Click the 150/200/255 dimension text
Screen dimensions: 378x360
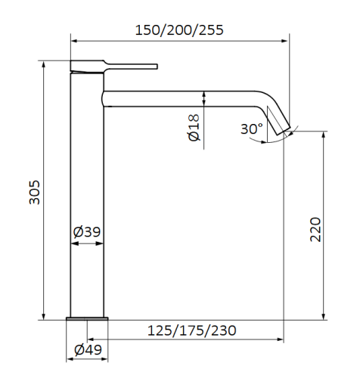[x=179, y=30]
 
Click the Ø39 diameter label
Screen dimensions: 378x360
[x=88, y=232]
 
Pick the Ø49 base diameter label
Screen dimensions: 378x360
[x=88, y=350]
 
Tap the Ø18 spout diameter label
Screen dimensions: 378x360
[x=193, y=127]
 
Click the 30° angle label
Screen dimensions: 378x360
[x=252, y=129]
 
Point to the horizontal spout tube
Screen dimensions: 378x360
[x=182, y=98]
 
